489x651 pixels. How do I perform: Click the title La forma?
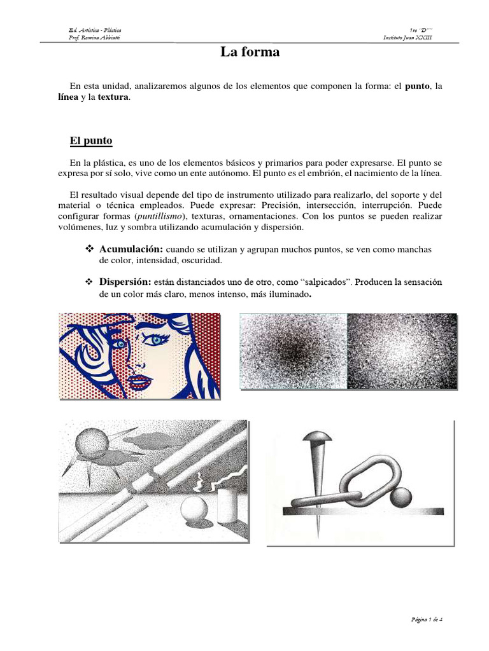click(250, 52)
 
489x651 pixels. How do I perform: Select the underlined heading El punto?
click(91, 140)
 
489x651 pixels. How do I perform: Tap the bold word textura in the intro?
click(113, 97)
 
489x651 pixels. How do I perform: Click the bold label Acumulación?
click(131, 249)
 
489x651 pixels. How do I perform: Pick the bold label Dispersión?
click(125, 282)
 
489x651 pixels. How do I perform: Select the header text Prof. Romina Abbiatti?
click(94, 38)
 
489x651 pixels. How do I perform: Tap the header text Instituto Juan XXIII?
click(407, 38)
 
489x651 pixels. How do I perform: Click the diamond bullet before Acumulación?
click(90, 249)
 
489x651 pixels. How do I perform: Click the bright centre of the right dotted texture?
click(402, 349)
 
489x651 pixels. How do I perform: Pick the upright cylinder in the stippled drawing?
click(227, 505)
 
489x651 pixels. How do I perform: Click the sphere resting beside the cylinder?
click(192, 511)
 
